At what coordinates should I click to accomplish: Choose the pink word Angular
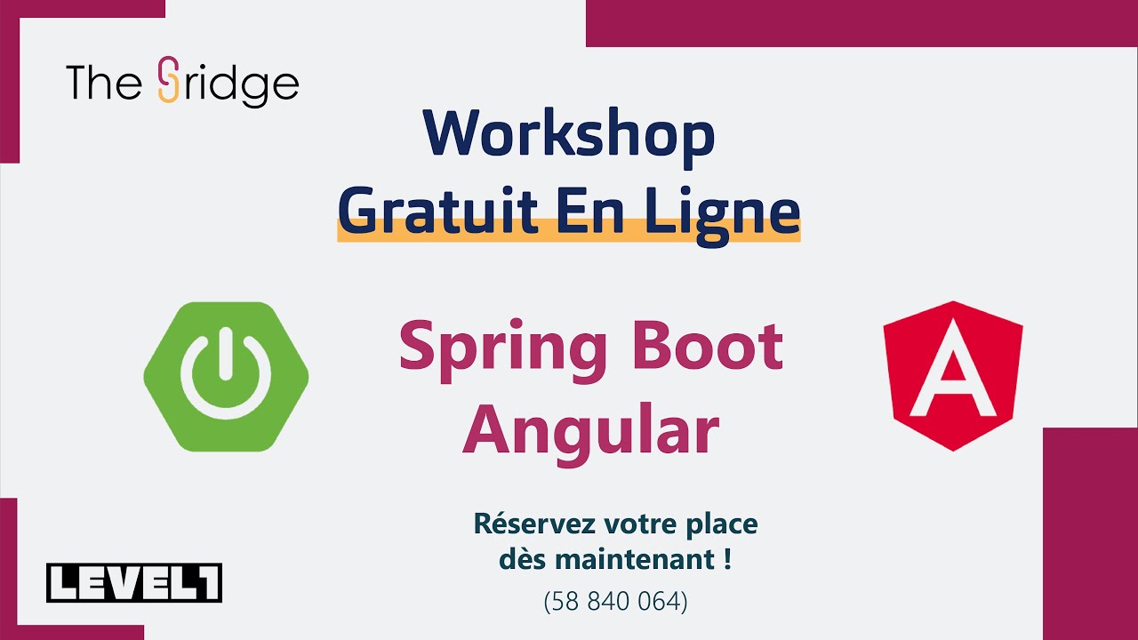point(590,429)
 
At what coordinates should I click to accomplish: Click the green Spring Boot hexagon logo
point(226,377)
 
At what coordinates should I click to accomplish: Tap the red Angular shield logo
point(952,375)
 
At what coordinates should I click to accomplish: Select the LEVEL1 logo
point(134,583)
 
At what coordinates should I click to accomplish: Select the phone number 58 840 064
point(615,602)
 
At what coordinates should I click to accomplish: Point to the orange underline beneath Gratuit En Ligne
point(569,236)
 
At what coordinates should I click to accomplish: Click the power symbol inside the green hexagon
point(226,373)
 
